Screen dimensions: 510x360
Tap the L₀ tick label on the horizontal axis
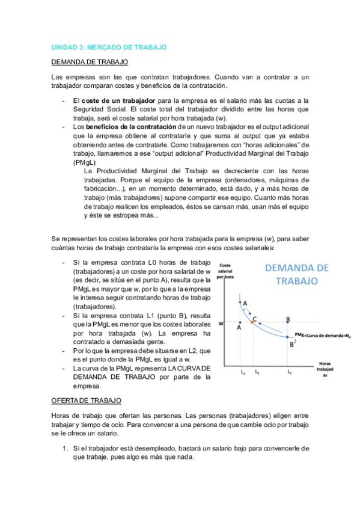tap(243, 373)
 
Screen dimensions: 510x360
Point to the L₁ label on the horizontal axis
tap(289, 373)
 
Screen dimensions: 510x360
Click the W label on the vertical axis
tap(221, 323)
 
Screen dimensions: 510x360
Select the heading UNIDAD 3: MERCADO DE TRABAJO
tap(108, 47)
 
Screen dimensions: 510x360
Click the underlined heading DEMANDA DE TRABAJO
tap(89, 62)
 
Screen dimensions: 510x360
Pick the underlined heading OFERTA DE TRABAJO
tap(87, 400)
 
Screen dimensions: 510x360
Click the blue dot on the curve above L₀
tap(240, 302)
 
